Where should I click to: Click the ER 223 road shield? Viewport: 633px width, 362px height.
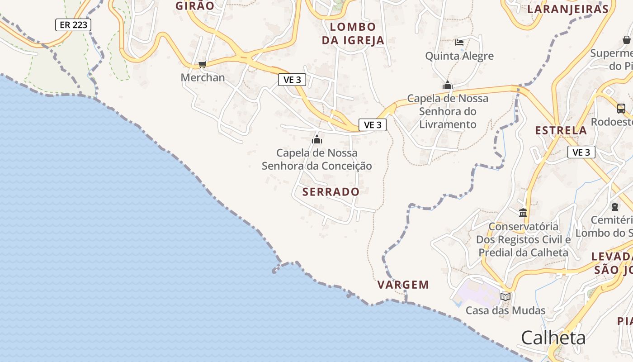[73, 25]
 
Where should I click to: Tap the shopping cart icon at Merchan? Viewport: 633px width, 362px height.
[202, 65]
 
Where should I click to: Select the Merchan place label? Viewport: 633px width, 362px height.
[203, 77]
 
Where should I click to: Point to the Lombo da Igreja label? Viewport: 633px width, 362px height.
[353, 33]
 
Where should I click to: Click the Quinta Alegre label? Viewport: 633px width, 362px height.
[459, 56]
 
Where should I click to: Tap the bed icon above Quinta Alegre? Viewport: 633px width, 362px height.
[459, 43]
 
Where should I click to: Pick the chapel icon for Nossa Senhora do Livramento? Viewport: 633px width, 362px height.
[448, 85]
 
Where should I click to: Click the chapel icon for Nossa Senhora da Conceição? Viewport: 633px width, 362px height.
[317, 139]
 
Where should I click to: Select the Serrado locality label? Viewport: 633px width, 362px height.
[331, 192]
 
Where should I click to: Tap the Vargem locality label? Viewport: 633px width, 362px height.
[403, 285]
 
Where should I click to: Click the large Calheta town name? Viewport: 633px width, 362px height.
[553, 338]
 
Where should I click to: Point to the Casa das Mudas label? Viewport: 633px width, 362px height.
[505, 310]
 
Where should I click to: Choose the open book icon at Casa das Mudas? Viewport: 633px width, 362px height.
[505, 297]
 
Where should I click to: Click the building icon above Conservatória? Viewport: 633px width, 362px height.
[523, 213]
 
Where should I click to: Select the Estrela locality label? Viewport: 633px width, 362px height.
[561, 130]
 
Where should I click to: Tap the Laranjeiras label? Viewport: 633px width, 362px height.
[568, 9]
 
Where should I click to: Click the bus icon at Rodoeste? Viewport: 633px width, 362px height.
[621, 109]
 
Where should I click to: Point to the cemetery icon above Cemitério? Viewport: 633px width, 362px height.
[615, 207]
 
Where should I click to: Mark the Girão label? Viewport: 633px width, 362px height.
[195, 6]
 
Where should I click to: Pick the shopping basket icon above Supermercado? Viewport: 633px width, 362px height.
[627, 40]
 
